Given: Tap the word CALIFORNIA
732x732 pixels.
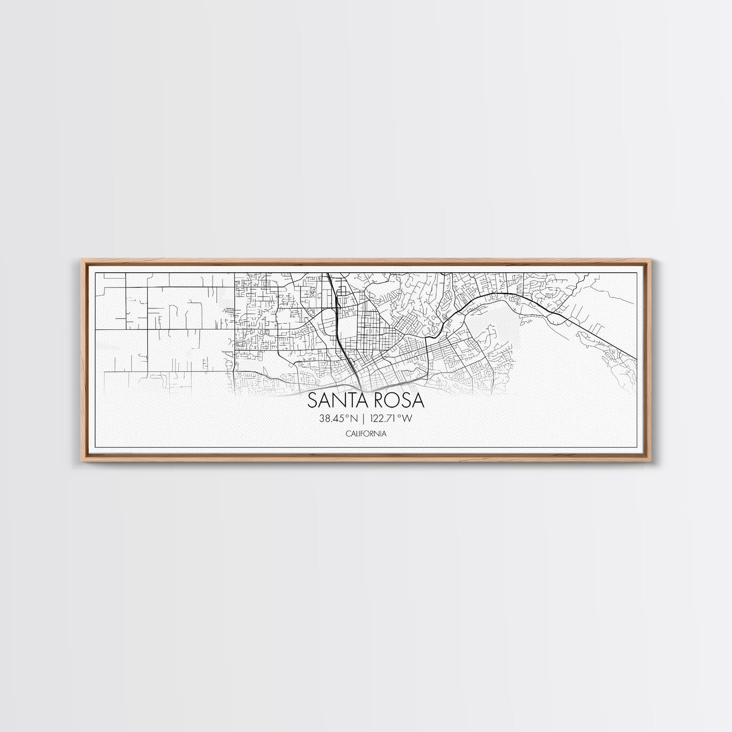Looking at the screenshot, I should [x=366, y=433].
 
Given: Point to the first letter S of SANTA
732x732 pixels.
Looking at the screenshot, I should [x=312, y=401].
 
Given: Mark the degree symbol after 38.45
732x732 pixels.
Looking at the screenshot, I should [x=346, y=416].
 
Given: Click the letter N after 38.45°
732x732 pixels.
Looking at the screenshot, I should [x=353, y=418].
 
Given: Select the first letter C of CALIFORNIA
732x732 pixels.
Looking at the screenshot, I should [x=347, y=433].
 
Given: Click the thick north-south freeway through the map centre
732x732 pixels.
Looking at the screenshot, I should [x=339, y=332].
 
